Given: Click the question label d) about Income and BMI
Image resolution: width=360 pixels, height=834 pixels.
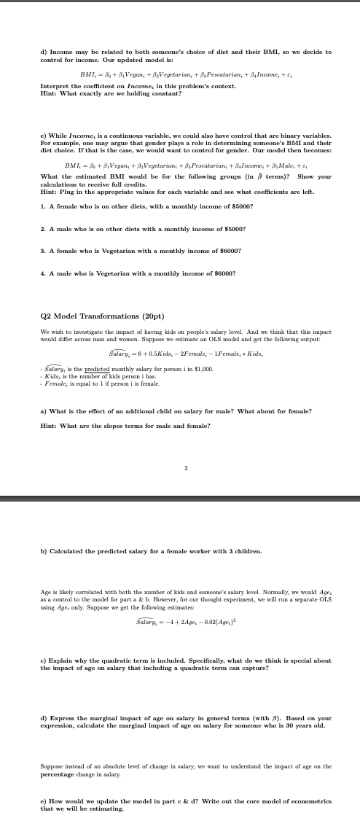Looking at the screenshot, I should [43, 52].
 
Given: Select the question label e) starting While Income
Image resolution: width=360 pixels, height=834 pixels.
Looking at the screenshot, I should [43, 136].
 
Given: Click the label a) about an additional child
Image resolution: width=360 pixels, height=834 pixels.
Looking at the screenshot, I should [43, 411].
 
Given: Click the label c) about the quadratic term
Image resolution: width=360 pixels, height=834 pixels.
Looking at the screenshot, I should [43, 660].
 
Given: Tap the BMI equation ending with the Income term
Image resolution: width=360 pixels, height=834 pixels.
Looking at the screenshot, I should [186, 74].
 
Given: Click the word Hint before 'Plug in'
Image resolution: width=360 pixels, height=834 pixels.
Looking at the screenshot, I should [50, 187].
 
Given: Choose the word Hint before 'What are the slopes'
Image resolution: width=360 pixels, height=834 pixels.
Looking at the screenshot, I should [50, 426].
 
